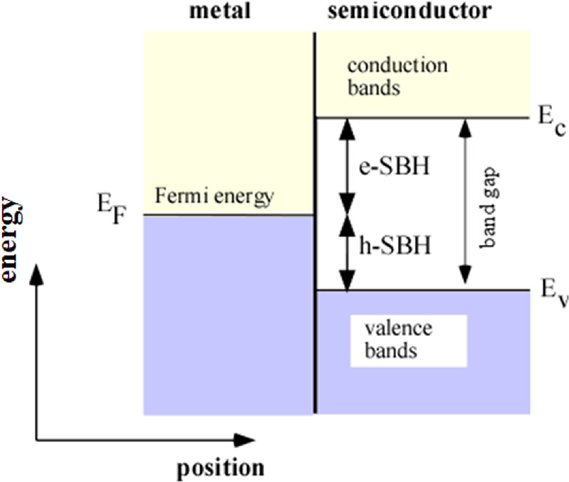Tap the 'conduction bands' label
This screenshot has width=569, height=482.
point(397,78)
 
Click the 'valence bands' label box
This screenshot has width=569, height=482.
point(407,340)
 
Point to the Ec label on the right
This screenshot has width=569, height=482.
point(545,119)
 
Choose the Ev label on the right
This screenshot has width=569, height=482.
point(545,292)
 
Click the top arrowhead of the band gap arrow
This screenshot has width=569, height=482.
point(466,126)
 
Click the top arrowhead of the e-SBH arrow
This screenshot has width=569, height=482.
point(346,126)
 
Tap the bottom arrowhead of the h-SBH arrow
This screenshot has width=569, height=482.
point(346,283)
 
